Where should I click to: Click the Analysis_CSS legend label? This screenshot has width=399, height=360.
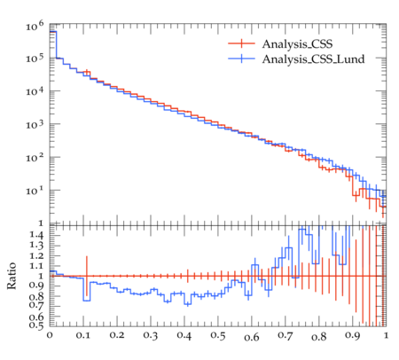pos(297,44)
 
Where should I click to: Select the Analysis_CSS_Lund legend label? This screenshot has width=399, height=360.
pos(313,59)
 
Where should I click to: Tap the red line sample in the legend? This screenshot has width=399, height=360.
pos(241,43)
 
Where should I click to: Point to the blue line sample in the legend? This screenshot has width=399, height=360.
pos(241,59)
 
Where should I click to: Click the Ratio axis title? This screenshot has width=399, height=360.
pos(12,276)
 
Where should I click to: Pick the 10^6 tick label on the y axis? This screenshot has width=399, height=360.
pos(35,26)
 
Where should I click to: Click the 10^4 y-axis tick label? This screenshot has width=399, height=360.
pos(35,90)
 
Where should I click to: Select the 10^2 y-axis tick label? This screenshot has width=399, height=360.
pos(35,157)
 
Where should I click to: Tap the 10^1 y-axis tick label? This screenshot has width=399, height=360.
pos(35,190)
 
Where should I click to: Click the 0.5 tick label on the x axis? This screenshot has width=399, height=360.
pos(218,335)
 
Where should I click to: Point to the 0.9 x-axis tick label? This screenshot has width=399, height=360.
pos(353,335)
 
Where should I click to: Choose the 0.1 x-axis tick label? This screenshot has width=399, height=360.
pos(83,335)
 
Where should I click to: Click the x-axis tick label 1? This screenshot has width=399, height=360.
pos(386,335)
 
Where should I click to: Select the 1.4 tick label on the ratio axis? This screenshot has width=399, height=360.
pos(36,235)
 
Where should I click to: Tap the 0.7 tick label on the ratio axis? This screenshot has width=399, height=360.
pos(36,304)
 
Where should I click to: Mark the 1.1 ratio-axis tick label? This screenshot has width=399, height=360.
pos(36,266)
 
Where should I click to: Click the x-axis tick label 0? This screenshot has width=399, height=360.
pos(50,335)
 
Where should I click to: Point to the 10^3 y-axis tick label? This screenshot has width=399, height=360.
pos(35,124)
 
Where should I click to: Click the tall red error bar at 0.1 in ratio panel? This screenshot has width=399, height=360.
pos(87,276)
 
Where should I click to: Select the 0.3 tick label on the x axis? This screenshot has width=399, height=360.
pos(151,335)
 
